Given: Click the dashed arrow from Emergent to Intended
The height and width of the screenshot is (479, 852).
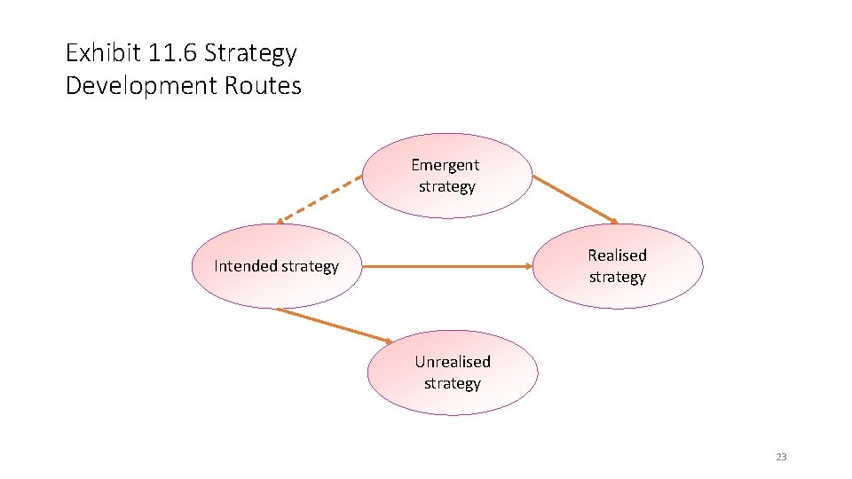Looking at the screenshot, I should coord(319,197).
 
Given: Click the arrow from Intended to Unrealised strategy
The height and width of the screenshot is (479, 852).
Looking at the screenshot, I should coord(333,325).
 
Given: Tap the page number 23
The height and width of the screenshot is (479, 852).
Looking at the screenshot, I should coord(781,457).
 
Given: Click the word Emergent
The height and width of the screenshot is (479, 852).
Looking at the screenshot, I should coord(445,165).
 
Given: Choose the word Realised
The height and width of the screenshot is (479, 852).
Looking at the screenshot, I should coord(617,255).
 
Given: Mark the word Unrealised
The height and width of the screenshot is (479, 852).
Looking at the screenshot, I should coord(453,362).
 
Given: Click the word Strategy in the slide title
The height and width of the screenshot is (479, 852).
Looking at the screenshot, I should coord(250,53).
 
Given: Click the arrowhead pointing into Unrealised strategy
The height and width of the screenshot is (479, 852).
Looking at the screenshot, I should coord(389,341).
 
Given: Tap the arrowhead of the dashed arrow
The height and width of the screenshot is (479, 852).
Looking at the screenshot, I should coord(279,222).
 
